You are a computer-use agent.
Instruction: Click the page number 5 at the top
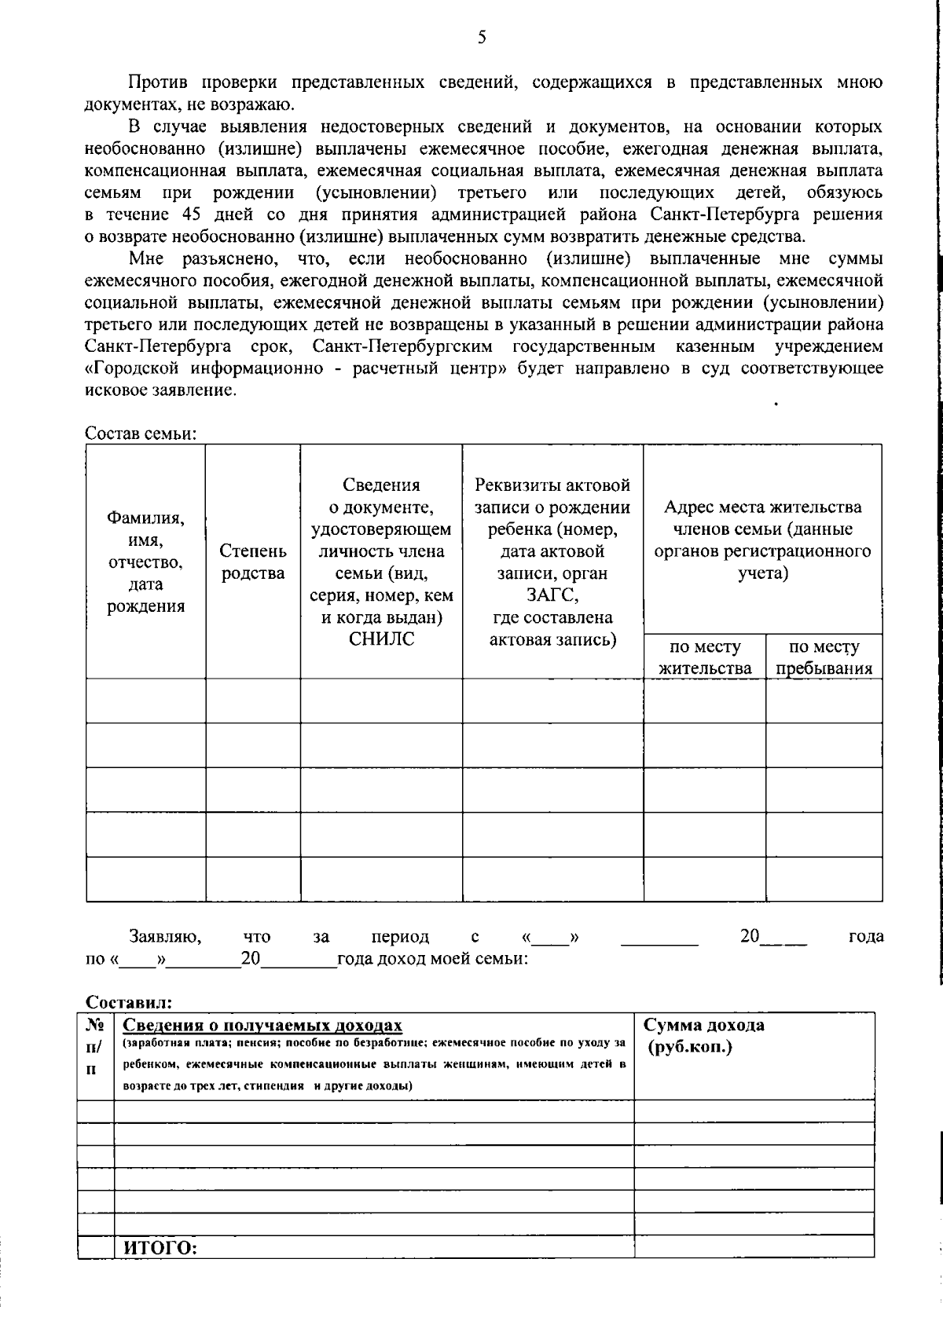click(x=482, y=37)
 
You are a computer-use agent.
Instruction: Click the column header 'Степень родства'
click(x=252, y=562)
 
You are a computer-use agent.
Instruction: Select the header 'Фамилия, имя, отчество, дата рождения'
click(x=145, y=562)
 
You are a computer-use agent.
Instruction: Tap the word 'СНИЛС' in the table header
click(x=381, y=639)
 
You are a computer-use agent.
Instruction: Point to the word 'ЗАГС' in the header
click(x=552, y=595)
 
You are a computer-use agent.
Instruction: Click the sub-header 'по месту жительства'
click(x=704, y=657)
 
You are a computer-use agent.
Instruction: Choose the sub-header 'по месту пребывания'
click(x=824, y=657)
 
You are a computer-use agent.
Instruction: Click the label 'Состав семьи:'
click(x=140, y=434)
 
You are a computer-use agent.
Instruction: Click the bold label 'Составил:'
click(x=128, y=1002)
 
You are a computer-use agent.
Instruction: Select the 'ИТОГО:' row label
click(x=160, y=1249)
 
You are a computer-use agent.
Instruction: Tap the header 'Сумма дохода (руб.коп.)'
click(x=704, y=1036)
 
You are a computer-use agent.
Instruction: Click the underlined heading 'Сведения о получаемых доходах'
click(x=263, y=1026)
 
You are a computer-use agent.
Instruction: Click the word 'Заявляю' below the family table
click(x=165, y=936)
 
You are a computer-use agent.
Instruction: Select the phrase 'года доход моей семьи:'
click(x=432, y=959)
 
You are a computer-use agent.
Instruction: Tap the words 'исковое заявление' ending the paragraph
click(x=160, y=390)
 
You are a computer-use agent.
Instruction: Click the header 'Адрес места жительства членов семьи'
click(x=761, y=540)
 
